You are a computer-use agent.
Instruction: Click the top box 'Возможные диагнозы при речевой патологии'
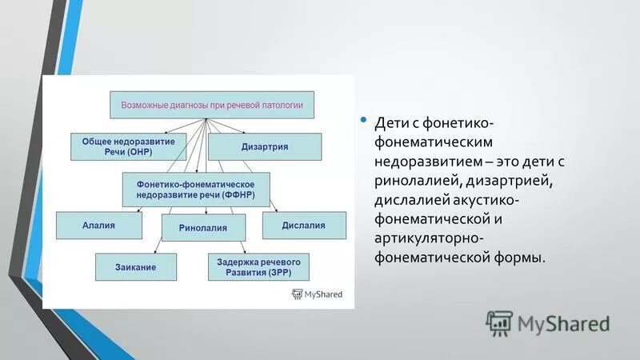[x=211, y=106]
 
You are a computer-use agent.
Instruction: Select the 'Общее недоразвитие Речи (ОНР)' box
[x=128, y=146]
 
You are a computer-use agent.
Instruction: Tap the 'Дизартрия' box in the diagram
[x=265, y=146]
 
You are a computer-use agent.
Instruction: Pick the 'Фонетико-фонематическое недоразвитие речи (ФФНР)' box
[x=196, y=189]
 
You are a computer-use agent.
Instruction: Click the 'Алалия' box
[x=99, y=226]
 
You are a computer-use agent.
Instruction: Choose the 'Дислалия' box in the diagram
[x=304, y=226]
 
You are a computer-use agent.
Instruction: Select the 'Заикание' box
[x=135, y=266]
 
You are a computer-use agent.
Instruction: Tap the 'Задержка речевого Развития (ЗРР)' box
[x=258, y=267]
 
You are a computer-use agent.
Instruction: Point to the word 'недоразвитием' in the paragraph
[x=425, y=162]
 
